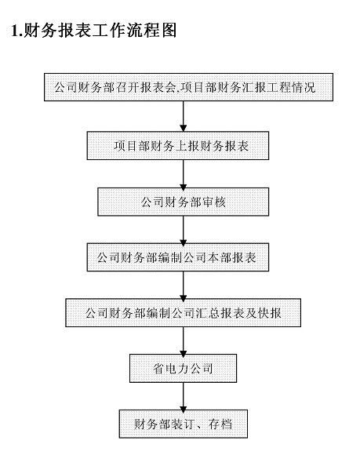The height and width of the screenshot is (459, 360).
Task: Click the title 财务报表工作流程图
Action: coord(101,31)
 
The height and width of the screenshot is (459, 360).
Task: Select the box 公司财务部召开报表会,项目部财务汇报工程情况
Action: coord(182,87)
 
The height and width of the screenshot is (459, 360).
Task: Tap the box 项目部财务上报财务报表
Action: coord(182,146)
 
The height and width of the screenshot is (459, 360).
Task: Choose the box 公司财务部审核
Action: coord(183,202)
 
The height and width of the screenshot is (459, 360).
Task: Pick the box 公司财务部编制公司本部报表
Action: coord(182,257)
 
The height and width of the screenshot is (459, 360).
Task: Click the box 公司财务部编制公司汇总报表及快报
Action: coord(182,313)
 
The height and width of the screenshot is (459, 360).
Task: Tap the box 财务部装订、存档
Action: coord(182,424)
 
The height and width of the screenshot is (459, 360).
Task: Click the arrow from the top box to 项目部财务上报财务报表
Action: coord(182,116)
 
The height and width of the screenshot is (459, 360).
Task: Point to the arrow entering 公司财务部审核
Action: coord(182,173)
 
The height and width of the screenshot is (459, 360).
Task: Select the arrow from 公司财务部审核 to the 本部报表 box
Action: coord(182,229)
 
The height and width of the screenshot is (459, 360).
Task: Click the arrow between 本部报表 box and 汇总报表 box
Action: coord(182,285)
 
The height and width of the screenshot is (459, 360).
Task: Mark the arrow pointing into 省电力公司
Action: coord(182,340)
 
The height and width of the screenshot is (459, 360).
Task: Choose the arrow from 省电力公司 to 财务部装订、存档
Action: coord(182,395)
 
